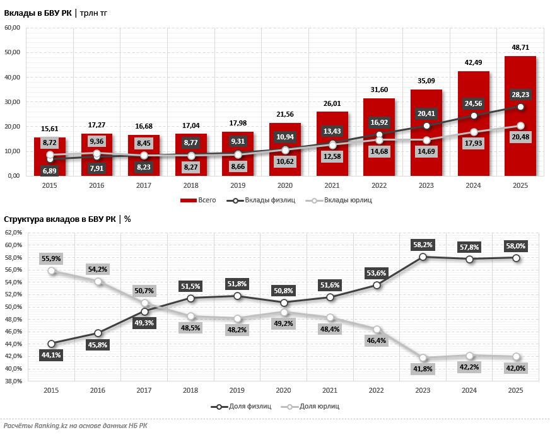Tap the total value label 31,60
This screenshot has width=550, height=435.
pyautogui.click(x=379, y=90)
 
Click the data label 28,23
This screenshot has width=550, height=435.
pyautogui.click(x=520, y=95)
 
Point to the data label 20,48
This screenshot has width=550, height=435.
pyautogui.click(x=520, y=137)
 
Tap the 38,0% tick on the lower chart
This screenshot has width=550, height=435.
pyautogui.click(x=13, y=381)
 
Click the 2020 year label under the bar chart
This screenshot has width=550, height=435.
pyautogui.click(x=284, y=185)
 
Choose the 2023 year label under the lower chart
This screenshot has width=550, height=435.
pyautogui.click(x=423, y=390)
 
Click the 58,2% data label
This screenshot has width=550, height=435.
pyautogui.click(x=423, y=244)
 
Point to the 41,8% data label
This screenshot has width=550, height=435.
pyautogui.click(x=423, y=369)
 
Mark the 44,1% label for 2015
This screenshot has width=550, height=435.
pyautogui.click(x=51, y=356)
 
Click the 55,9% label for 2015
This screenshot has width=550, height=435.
pyautogui.click(x=51, y=258)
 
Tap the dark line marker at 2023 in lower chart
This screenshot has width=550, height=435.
pyautogui.click(x=423, y=257)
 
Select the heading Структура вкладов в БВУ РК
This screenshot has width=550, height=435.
pyautogui.click(x=59, y=219)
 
